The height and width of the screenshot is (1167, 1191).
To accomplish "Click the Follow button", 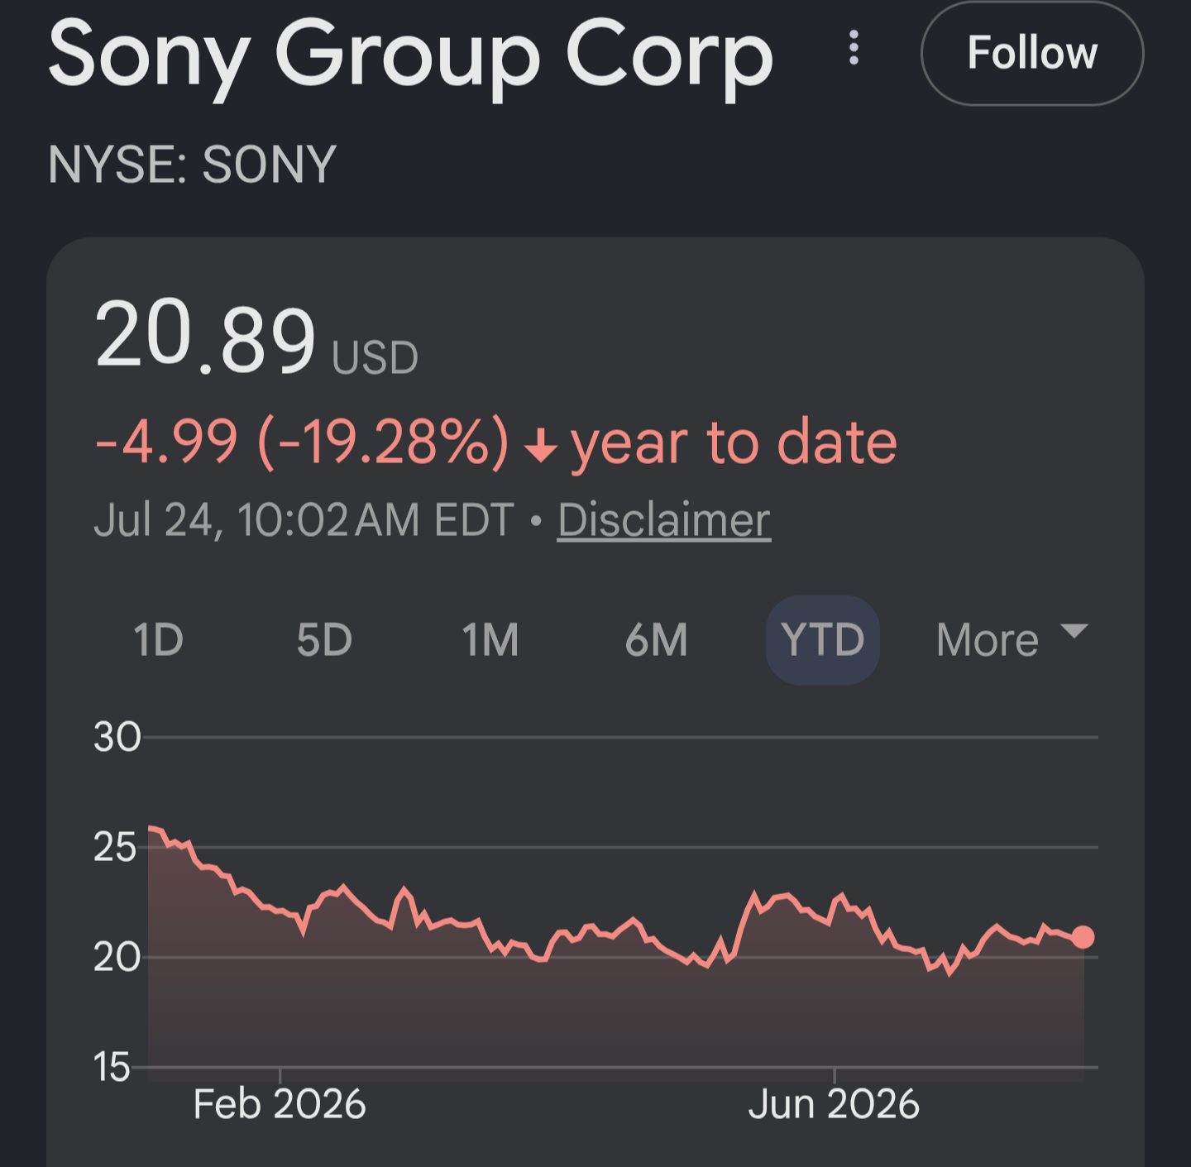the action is point(1032,53).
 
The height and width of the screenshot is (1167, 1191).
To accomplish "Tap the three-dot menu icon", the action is point(854,48).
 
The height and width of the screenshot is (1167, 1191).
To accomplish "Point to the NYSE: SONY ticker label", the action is point(192,165).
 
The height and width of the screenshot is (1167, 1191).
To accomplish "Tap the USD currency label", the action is point(375,358).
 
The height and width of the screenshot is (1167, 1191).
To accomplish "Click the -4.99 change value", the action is point(166,442).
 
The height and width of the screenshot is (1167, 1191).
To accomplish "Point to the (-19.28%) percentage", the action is point(384,442).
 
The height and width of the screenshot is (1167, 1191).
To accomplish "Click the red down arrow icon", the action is point(541,445).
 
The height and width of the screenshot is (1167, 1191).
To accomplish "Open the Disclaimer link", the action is point(664,520).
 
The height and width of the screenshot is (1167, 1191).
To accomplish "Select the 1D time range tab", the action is point(158,640).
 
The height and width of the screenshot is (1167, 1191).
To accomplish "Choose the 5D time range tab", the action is point(324,640).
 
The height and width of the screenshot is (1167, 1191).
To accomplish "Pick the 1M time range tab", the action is point(490,640).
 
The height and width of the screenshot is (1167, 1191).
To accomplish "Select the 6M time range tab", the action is point(656,640).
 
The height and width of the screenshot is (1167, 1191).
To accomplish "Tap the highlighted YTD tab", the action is point(823,640).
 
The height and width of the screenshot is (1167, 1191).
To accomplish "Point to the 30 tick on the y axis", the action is point(117,738).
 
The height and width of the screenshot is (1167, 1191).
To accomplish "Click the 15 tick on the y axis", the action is point(112,1068).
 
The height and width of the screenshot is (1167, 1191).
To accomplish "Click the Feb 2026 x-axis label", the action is point(280,1105).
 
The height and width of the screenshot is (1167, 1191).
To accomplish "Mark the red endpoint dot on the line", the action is point(1083,937).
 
